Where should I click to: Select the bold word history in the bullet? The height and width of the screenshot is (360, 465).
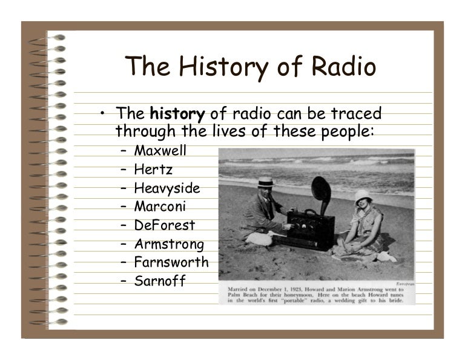coord(177,114)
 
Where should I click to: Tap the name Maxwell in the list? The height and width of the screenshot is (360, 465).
coord(160,150)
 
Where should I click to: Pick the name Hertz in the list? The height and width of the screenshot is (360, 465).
coord(153,169)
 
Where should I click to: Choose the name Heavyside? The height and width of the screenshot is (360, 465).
coord(167,188)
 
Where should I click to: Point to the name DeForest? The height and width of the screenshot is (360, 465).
coord(164,225)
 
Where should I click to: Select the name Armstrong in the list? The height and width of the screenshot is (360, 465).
coord(169,244)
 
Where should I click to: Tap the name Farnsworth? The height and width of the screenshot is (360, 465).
coord(171,262)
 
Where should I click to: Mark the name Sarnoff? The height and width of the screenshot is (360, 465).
coord(160,281)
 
